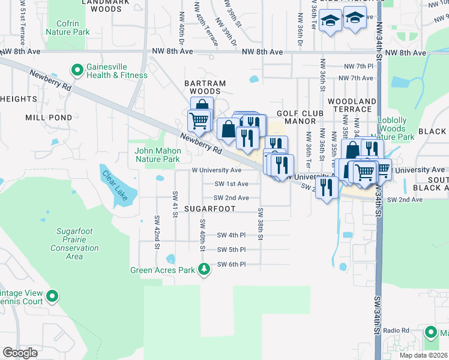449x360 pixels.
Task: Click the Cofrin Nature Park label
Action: [x=67, y=28]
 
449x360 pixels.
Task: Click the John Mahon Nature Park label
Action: [x=158, y=155]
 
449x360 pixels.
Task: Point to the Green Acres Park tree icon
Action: [x=205, y=269]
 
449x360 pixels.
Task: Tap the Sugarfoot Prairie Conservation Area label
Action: [x=74, y=244]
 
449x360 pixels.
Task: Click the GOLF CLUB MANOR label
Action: [x=300, y=117]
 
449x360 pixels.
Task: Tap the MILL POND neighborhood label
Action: [x=49, y=118]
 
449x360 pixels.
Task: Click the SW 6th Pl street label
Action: [x=232, y=264]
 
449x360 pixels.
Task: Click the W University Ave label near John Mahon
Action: [x=216, y=170]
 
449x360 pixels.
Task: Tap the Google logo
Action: [x=20, y=352]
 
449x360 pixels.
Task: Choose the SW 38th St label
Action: [x=261, y=223]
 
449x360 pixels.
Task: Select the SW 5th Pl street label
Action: [x=232, y=250]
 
